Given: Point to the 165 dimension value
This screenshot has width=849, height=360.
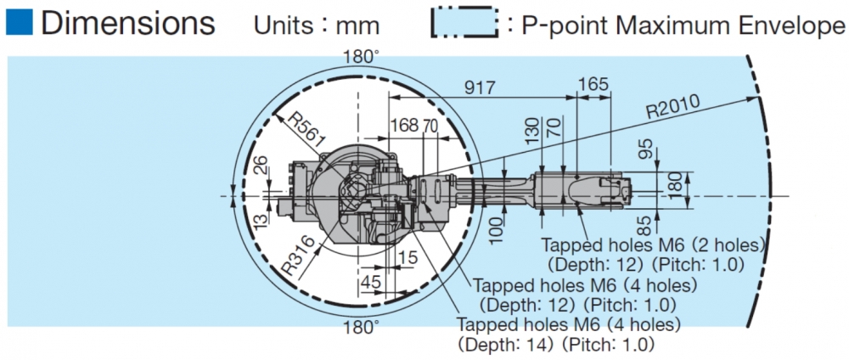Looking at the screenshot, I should (x=593, y=86).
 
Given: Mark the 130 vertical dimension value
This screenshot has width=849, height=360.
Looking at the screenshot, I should (x=532, y=130).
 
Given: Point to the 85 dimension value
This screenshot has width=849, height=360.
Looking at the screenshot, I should (x=648, y=225).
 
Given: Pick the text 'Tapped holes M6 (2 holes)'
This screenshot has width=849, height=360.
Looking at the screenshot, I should (x=653, y=245).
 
